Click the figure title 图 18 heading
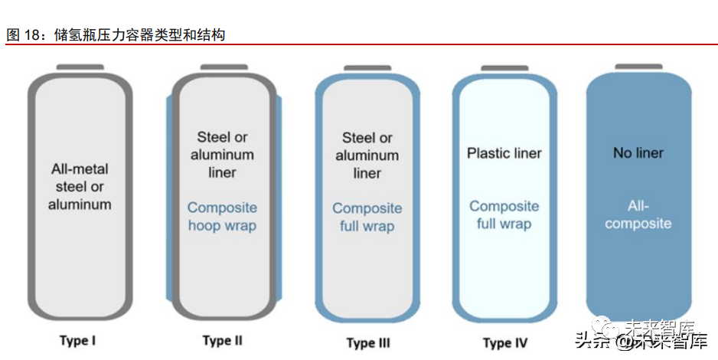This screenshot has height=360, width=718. [x=116, y=34]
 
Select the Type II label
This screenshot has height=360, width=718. [x=222, y=340]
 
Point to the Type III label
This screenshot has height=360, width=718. [x=367, y=342]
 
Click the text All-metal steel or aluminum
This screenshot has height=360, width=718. [x=80, y=186]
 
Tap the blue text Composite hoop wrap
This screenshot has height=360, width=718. [x=222, y=216]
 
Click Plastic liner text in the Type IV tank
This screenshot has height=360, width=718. [x=504, y=153]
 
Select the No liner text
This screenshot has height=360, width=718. [x=638, y=153]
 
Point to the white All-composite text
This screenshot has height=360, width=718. [x=638, y=214]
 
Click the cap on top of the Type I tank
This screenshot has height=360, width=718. [x=80, y=68]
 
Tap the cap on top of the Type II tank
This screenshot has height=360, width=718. [x=224, y=68]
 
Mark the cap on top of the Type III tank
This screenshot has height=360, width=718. [x=367, y=68]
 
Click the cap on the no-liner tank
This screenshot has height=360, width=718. [x=638, y=67]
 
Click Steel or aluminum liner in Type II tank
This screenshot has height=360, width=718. [x=222, y=155]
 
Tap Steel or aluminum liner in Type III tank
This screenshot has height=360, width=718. [x=367, y=155]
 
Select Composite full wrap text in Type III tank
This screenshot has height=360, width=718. [x=367, y=217]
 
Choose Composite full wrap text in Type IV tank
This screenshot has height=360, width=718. [x=504, y=215]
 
